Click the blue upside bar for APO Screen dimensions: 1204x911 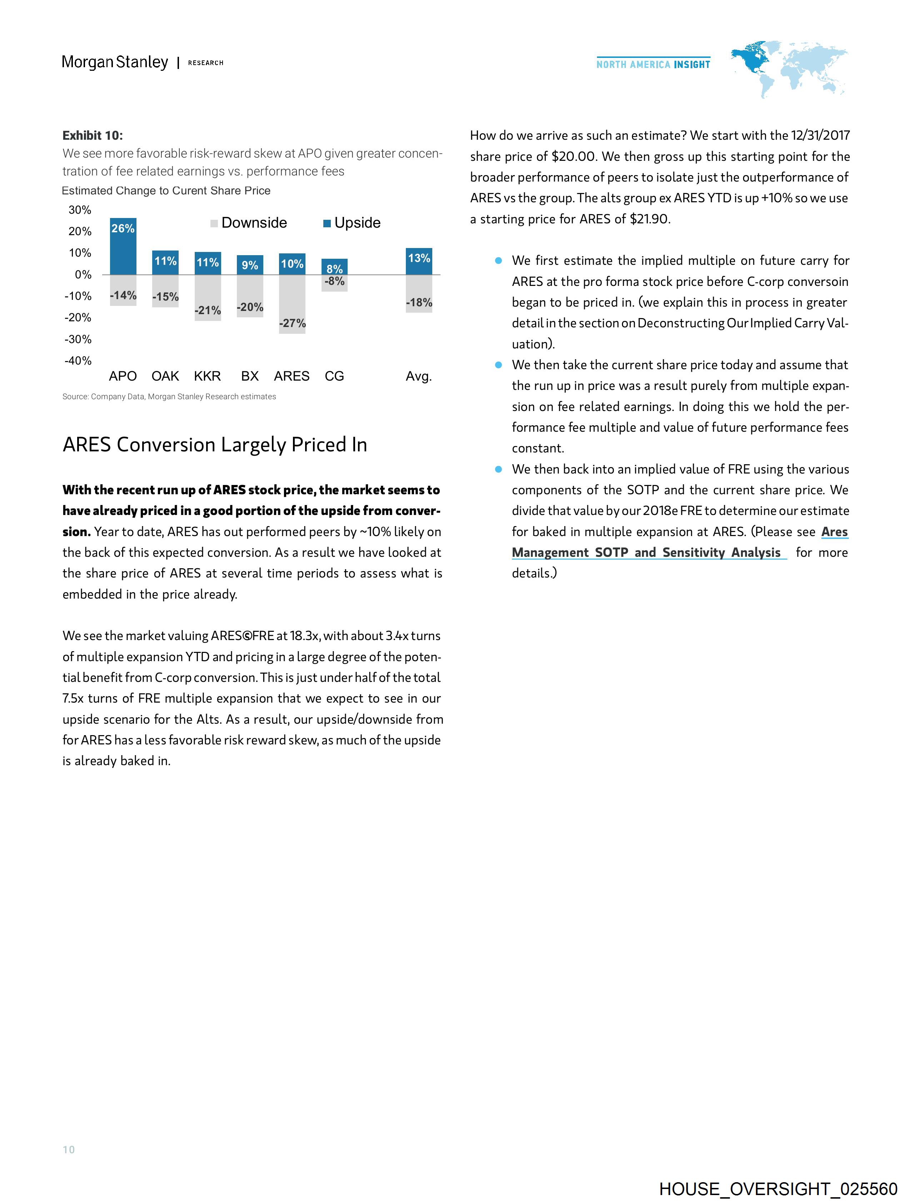(123, 248)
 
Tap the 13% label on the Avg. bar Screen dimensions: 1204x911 (419, 258)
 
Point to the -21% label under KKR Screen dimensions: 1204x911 (208, 310)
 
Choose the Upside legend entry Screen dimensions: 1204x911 (352, 223)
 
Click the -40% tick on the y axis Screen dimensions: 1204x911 (78, 361)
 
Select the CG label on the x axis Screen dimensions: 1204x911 (334, 376)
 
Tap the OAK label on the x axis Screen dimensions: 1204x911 (165, 376)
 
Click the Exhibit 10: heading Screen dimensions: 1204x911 (93, 135)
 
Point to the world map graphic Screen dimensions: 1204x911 (789, 68)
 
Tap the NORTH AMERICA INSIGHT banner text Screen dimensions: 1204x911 (653, 64)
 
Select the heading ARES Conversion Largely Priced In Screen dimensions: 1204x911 (215, 445)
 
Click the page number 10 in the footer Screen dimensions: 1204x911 (69, 1150)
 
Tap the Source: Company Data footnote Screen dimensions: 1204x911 (169, 396)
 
